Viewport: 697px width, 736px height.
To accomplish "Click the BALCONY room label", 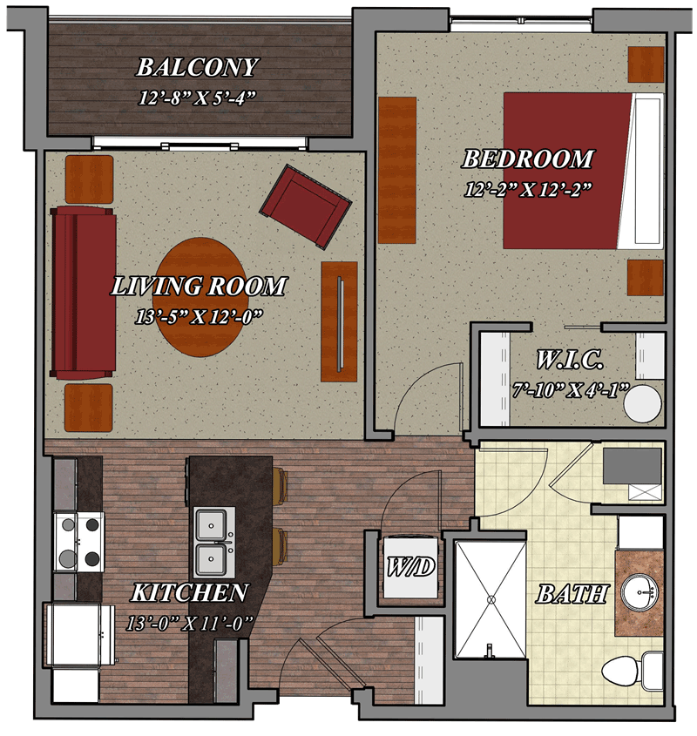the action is pyautogui.click(x=197, y=67).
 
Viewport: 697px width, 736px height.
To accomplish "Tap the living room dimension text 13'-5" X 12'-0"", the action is pyautogui.click(x=198, y=317).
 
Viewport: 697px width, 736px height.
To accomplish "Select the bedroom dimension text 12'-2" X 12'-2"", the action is pyautogui.click(x=527, y=189).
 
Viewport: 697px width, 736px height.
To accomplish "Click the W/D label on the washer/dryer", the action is pyautogui.click(x=410, y=567).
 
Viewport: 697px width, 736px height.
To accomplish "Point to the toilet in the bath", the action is pyautogui.click(x=633, y=673).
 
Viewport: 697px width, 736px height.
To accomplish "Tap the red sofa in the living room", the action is pyautogui.click(x=83, y=293).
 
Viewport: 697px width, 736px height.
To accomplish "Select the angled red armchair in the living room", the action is pyautogui.click(x=305, y=206).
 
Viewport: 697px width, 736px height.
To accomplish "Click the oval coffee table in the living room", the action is pyautogui.click(x=200, y=297).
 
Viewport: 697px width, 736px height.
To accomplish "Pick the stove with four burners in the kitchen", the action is pyautogui.click(x=78, y=542).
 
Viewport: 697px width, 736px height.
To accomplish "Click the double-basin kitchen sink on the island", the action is pyautogui.click(x=214, y=543).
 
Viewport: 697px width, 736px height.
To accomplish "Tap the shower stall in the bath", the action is pyautogui.click(x=491, y=599).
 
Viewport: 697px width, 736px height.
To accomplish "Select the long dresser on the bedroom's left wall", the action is pyautogui.click(x=397, y=170).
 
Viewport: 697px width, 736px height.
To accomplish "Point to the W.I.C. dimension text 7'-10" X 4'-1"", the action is pyautogui.click(x=570, y=390).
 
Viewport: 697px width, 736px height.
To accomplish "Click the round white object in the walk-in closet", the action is pyautogui.click(x=642, y=403).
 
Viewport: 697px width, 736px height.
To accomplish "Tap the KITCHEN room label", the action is pyautogui.click(x=189, y=593).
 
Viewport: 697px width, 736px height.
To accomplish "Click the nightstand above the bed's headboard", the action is pyautogui.click(x=646, y=64).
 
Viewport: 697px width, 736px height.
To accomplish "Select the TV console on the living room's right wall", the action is pyautogui.click(x=339, y=321).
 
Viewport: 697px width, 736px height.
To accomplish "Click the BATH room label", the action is pyautogui.click(x=572, y=594).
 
